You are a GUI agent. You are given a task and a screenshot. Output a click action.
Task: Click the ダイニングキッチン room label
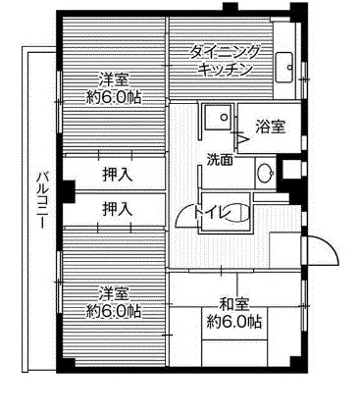coord(224,62)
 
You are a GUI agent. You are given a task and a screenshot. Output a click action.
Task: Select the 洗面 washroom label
coord(220,159)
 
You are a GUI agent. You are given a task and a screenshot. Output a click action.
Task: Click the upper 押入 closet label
coord(119,174)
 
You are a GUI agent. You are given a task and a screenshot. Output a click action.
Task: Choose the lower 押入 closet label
coord(119,208)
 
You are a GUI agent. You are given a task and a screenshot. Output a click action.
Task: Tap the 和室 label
coord(231,303)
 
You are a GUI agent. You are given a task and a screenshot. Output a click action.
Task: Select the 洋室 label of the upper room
coord(113,78)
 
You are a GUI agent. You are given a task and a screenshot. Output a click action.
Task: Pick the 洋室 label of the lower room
coord(113,293)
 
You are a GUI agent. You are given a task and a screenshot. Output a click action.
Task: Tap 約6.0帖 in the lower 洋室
coord(113,311)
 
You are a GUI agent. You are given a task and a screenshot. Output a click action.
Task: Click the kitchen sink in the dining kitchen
coord(285,65)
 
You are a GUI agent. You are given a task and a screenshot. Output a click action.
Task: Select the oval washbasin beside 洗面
coord(262,175)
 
